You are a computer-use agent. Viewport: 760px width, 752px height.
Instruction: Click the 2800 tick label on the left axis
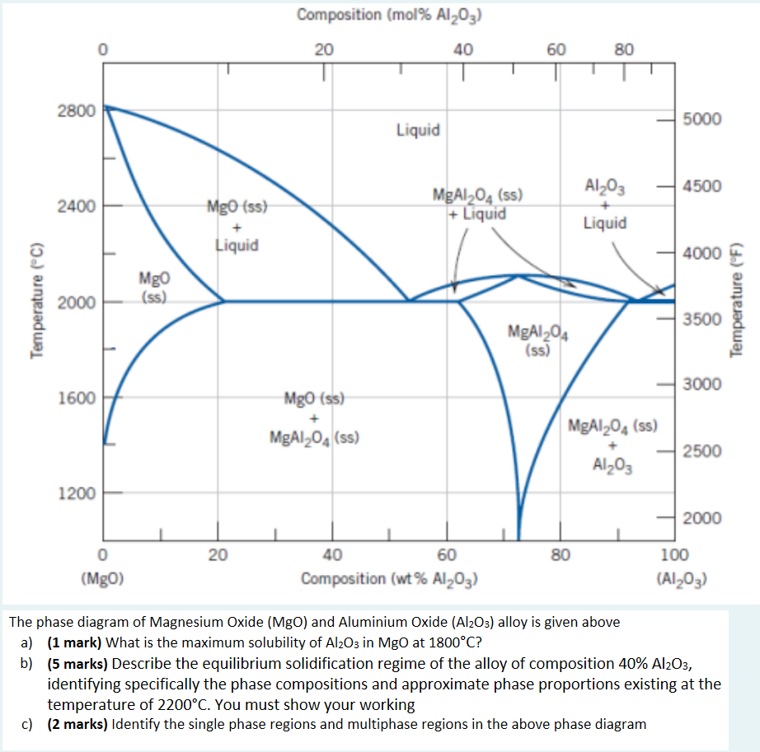tap(78, 110)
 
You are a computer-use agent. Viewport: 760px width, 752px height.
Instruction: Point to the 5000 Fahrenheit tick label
tap(701, 119)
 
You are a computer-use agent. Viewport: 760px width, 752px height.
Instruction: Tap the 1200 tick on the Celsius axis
tap(78, 494)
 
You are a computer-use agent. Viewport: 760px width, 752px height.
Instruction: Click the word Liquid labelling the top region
tap(418, 130)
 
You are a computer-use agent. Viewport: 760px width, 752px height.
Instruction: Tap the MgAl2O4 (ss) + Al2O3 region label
tap(612, 445)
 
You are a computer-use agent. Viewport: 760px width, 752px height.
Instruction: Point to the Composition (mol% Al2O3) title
tap(389, 14)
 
